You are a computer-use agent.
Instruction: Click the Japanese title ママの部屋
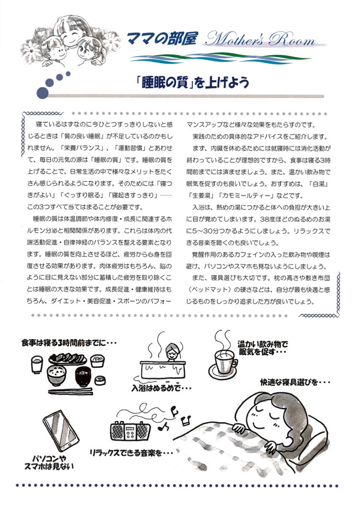161,39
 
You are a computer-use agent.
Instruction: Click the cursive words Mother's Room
260,40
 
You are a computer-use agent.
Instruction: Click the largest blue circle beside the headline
42,93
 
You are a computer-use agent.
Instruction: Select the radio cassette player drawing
130,431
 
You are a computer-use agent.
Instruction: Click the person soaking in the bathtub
172,351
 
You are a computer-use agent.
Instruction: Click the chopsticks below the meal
70,391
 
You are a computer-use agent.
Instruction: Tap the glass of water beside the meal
37,364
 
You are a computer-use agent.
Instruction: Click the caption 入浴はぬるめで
161,388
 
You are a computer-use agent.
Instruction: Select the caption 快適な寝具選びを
295,382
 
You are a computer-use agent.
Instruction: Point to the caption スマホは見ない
49,466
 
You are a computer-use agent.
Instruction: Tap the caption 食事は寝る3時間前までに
68,343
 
